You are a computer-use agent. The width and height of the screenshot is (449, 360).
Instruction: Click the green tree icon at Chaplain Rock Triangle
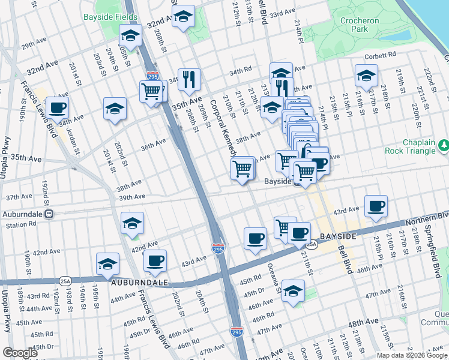tap(444, 145)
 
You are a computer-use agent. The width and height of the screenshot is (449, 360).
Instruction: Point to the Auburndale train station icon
tap(50, 214)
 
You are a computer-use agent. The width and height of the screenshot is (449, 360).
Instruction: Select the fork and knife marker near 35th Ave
tap(189, 79)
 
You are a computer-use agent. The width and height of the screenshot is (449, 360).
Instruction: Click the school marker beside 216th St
tap(366, 76)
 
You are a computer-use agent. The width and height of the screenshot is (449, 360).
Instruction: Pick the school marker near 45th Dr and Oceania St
tap(292, 291)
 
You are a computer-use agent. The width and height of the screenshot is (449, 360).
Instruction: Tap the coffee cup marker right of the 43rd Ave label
tap(376, 207)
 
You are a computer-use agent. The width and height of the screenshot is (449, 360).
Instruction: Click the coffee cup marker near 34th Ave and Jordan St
tap(58, 108)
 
